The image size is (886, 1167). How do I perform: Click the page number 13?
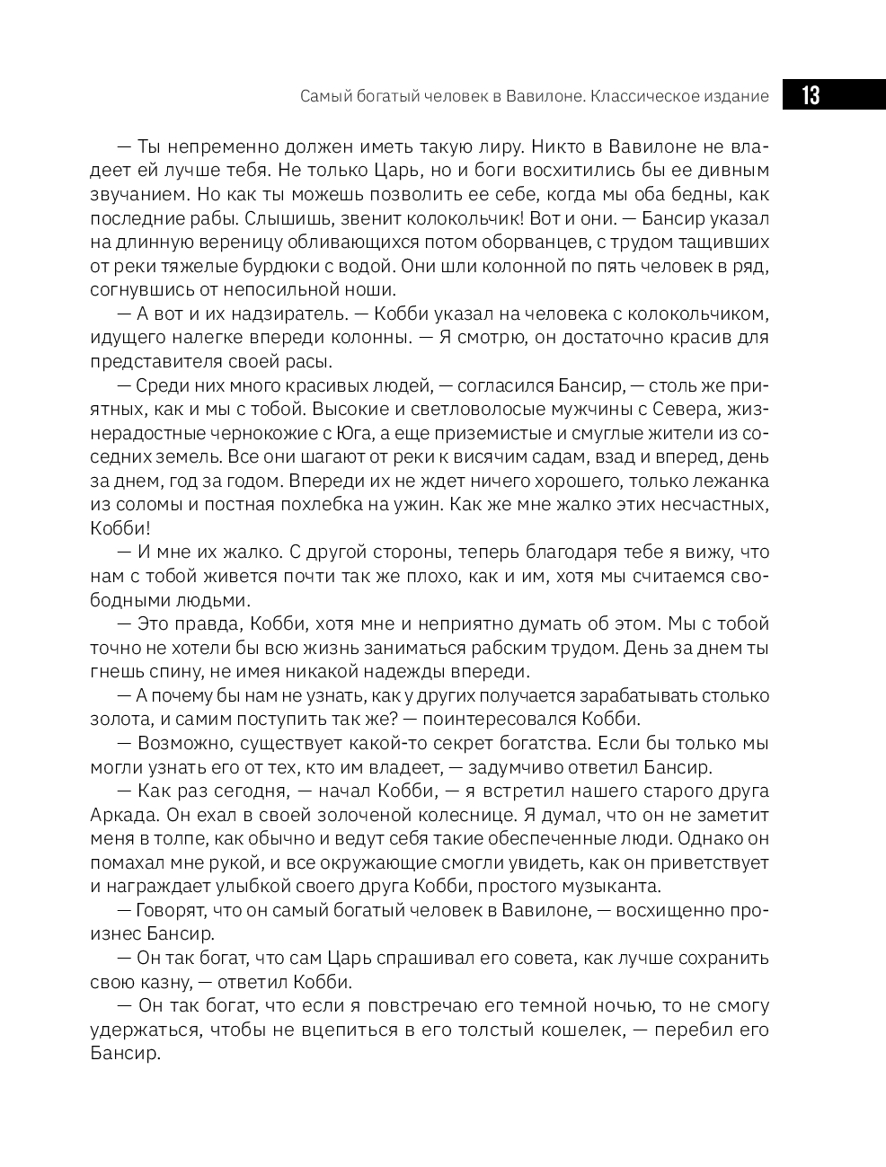(811, 95)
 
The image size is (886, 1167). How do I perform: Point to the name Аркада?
(124, 815)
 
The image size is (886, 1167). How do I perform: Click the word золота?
(118, 720)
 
